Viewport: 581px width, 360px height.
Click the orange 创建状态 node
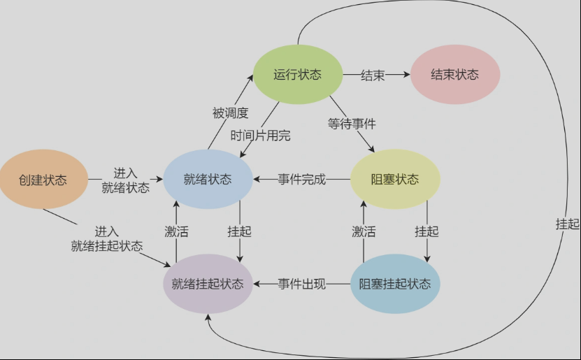(x=43, y=180)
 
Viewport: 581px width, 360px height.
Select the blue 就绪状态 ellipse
(x=208, y=180)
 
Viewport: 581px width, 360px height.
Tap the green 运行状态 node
(x=297, y=75)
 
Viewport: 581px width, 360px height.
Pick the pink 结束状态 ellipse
(x=454, y=75)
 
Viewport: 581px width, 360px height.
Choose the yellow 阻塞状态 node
(x=395, y=180)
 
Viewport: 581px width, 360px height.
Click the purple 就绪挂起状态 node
(x=208, y=284)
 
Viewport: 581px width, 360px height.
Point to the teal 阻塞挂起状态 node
(x=395, y=284)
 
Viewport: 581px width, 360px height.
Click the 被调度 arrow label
(x=230, y=113)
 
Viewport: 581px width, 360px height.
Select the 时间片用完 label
(x=260, y=136)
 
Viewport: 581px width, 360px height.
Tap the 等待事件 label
(x=352, y=124)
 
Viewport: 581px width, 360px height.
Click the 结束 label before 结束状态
(x=373, y=75)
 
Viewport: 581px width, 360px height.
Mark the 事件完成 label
(x=302, y=180)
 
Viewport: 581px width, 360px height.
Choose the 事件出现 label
(x=302, y=284)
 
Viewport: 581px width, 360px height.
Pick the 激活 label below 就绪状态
(x=176, y=231)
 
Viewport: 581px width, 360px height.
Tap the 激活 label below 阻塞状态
(x=364, y=231)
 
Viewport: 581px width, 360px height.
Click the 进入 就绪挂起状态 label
(x=107, y=238)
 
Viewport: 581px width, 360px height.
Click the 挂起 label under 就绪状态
(x=239, y=231)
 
